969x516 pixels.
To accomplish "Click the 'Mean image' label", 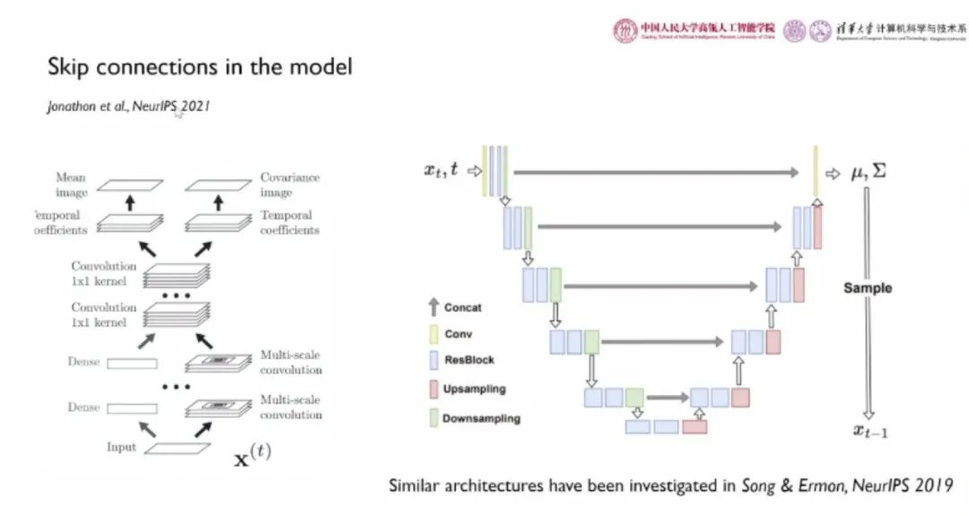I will (x=71, y=185).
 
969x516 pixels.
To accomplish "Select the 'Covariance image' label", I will (x=289, y=185).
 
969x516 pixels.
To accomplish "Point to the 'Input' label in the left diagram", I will (x=121, y=447).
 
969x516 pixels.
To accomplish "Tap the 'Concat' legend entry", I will (x=462, y=307).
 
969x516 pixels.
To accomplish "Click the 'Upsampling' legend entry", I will (x=473, y=389).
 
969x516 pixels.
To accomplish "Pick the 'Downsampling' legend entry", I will (x=480, y=418).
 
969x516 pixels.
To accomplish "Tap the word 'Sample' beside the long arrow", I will (x=867, y=288).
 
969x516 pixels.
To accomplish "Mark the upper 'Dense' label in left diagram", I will (x=83, y=362).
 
